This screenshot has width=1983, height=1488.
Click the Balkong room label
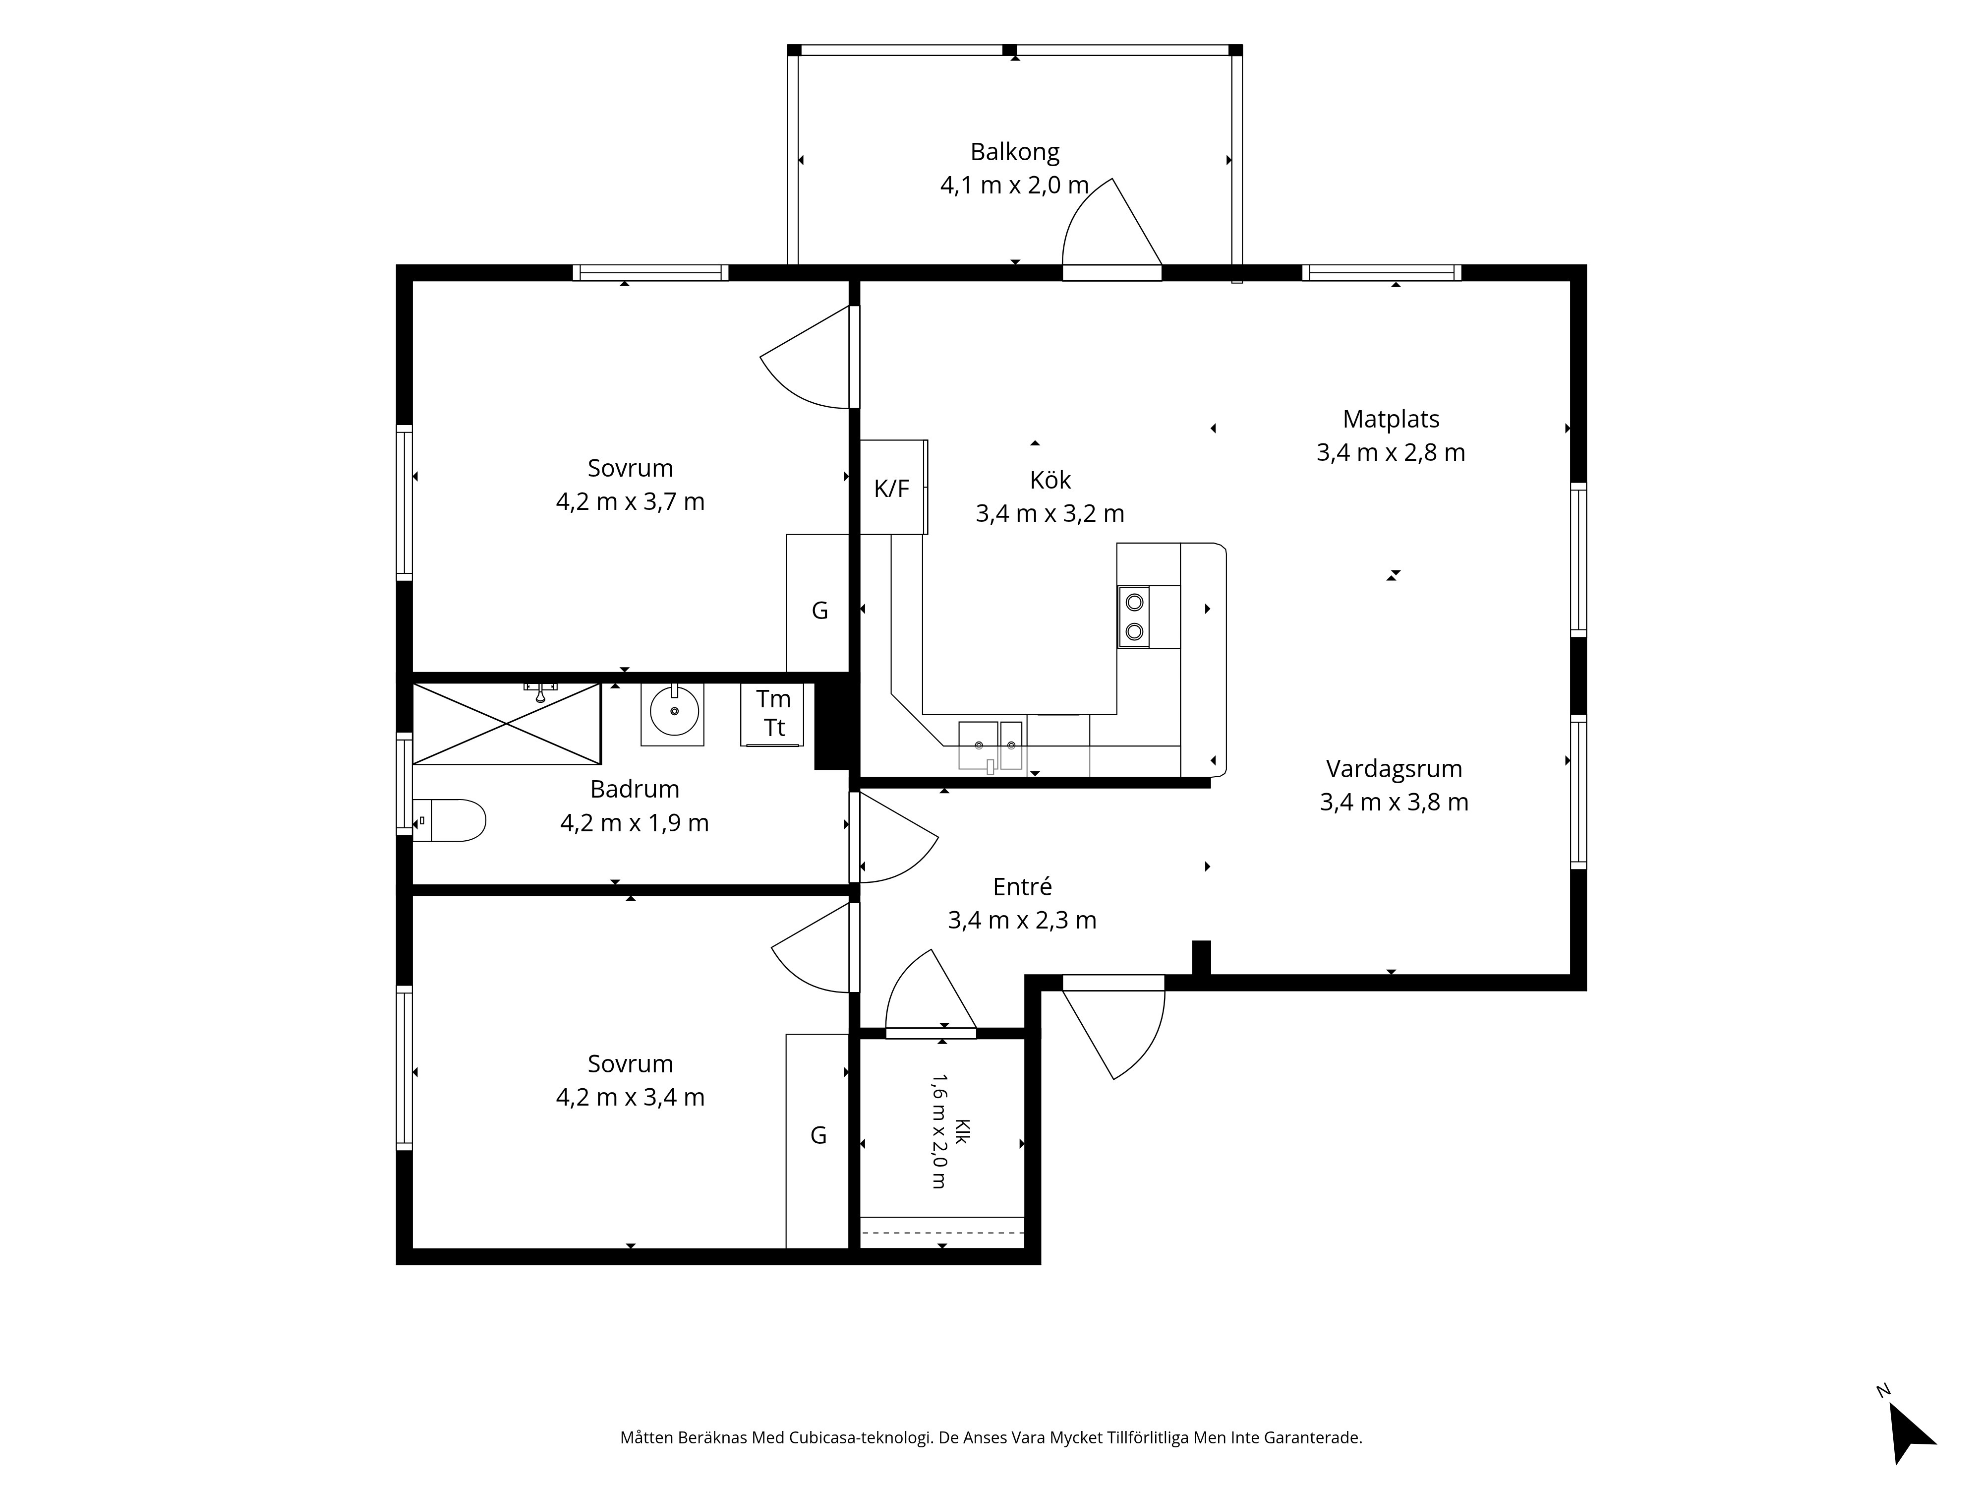[x=1015, y=152]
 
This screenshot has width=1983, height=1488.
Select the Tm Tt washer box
[x=772, y=715]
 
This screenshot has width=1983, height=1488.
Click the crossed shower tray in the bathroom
[x=507, y=724]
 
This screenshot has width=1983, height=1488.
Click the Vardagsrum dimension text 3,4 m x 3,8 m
[x=1394, y=802]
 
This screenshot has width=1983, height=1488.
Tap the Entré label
[x=1022, y=886]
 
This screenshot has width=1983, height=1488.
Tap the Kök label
[x=1050, y=480]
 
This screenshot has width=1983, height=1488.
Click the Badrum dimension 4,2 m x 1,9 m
[x=635, y=822]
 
